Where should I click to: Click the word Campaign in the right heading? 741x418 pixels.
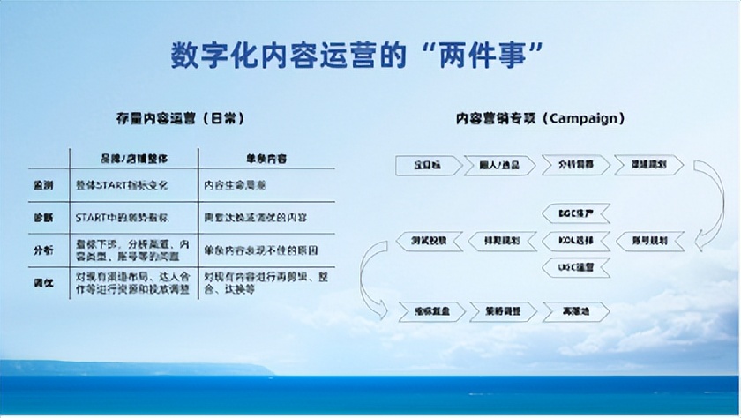click(590, 118)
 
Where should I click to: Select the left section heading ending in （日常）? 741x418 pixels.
click(180, 118)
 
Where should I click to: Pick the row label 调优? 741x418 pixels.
click(43, 281)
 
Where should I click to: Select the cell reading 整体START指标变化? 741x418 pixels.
click(123, 187)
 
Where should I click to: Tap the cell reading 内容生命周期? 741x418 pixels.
click(235, 187)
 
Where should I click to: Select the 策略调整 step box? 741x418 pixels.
click(498, 311)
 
